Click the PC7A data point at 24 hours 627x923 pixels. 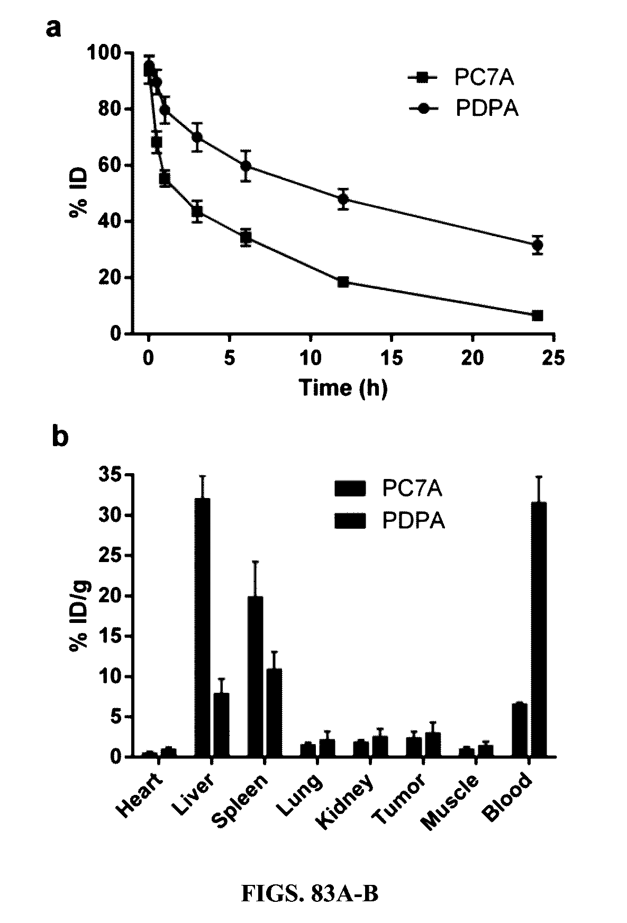pos(538,315)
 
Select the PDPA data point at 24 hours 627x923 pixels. pos(538,245)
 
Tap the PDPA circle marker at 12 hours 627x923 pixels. pos(343,199)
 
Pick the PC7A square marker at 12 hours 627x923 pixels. pos(343,282)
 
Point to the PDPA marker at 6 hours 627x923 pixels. pos(246,166)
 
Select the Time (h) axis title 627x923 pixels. pos(343,388)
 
